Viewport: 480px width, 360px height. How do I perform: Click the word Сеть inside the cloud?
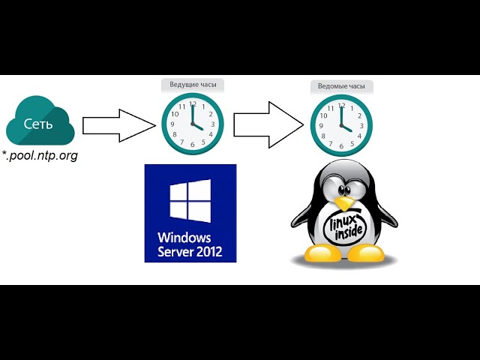coord(38,124)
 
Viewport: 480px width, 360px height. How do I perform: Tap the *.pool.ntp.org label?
coord(41,156)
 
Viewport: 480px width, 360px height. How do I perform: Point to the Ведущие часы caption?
coord(193,85)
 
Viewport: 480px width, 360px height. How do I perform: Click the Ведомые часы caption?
coord(342,87)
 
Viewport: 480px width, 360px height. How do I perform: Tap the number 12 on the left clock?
coord(193,104)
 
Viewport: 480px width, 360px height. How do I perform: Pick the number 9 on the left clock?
coord(174,124)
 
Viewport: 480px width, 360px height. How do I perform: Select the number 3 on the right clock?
coord(362,125)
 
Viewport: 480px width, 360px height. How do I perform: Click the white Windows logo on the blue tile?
coord(190,201)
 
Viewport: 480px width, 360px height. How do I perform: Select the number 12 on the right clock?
coord(342,105)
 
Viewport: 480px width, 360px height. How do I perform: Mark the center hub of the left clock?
coord(193,125)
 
